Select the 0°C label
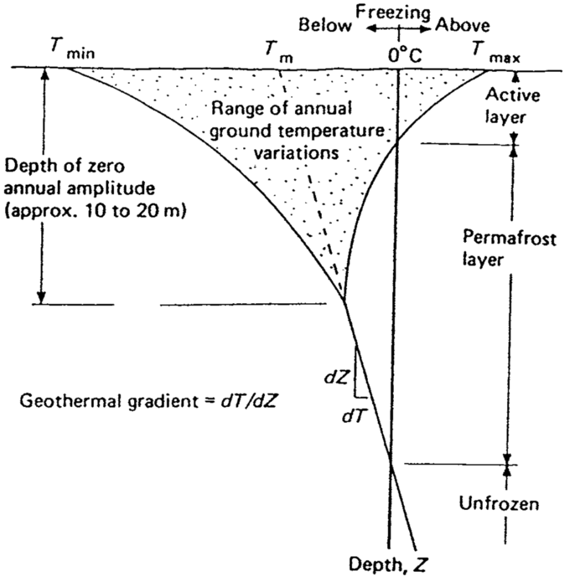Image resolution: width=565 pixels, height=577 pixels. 405,56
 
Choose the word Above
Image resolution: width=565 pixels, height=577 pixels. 461,26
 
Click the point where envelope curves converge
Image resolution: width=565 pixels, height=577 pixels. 345,300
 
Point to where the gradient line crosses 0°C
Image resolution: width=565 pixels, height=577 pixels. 391,465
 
